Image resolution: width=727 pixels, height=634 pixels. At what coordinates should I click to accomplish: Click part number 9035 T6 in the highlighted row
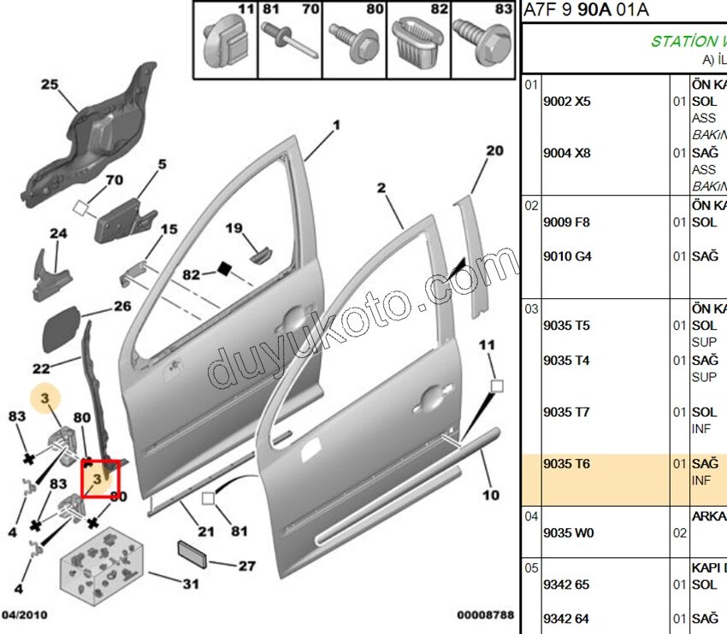click(x=566, y=464)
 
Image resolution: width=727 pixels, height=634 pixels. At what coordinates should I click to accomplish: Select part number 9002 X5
click(x=566, y=102)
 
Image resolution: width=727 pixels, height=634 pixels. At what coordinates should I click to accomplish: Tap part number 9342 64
click(x=566, y=619)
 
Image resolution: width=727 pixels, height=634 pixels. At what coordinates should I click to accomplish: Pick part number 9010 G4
click(x=566, y=256)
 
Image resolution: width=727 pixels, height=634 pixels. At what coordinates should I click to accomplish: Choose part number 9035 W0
click(x=566, y=533)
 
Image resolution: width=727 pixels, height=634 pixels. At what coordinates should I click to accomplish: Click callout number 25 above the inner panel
click(x=49, y=84)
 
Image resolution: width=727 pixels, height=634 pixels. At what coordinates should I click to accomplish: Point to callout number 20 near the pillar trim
click(x=494, y=151)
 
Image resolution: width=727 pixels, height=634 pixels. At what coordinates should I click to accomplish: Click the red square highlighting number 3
click(x=100, y=478)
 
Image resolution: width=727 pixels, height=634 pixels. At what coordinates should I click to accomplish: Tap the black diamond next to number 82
click(x=225, y=269)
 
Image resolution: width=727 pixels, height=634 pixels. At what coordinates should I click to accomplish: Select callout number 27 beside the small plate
click(x=246, y=566)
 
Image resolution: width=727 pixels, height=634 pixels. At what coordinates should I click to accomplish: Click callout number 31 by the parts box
click(x=190, y=584)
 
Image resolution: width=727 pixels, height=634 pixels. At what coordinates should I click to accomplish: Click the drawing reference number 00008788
click(x=485, y=614)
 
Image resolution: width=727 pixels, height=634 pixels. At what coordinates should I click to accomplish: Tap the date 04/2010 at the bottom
click(x=25, y=614)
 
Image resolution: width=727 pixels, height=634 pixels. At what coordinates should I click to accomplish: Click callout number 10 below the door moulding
click(x=490, y=495)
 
